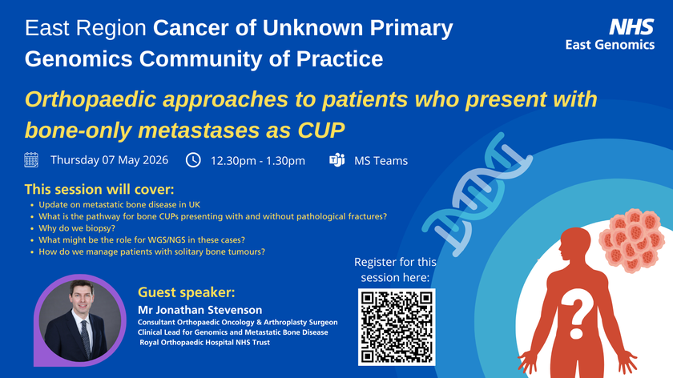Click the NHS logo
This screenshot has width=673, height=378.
632,26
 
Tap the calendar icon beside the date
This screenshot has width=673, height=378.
32,159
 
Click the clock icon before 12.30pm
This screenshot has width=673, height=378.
193,159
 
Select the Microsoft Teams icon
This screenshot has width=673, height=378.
336,160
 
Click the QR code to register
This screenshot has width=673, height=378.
397,328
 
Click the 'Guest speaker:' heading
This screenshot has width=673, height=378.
186,292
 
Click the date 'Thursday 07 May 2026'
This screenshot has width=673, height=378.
109,160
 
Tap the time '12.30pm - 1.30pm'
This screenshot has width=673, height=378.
258,161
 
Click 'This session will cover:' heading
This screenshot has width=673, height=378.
99,190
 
